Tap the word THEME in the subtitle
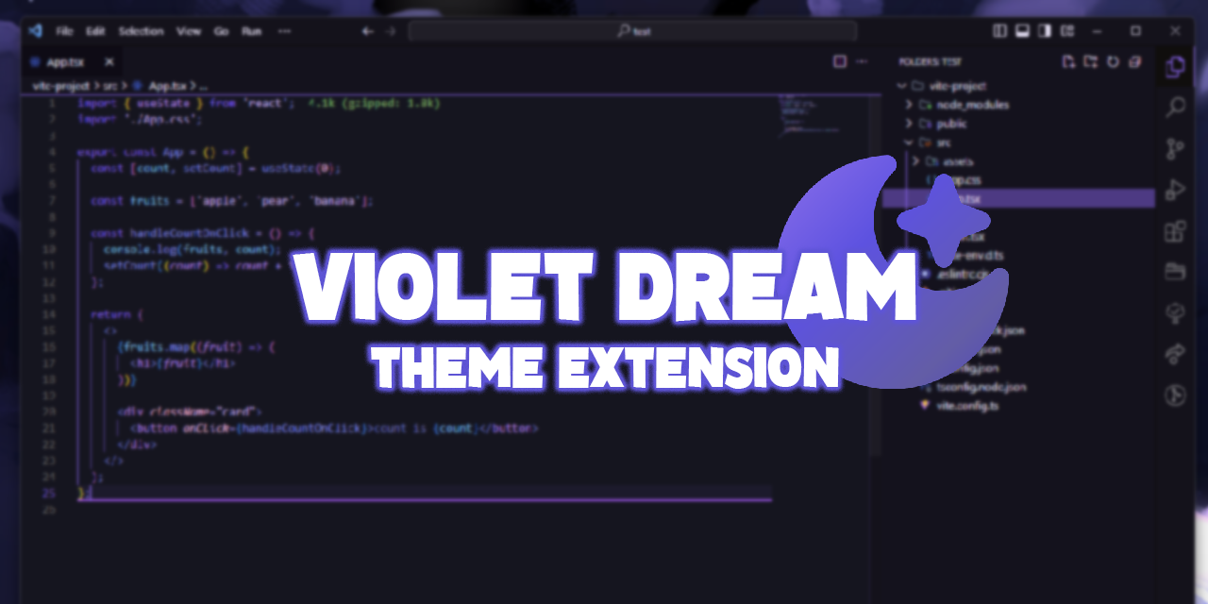point(457,367)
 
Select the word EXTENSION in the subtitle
point(696,367)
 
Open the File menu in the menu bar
point(64,31)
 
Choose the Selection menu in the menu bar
point(141,31)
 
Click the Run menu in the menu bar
point(251,31)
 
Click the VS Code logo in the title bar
point(36,30)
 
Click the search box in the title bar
point(632,31)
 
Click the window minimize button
point(1096,31)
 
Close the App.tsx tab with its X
point(109,62)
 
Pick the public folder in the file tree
point(951,124)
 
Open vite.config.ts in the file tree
point(966,406)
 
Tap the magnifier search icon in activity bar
point(1175,107)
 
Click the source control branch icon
point(1175,148)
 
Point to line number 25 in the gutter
point(50,494)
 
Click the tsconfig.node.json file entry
point(981,387)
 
